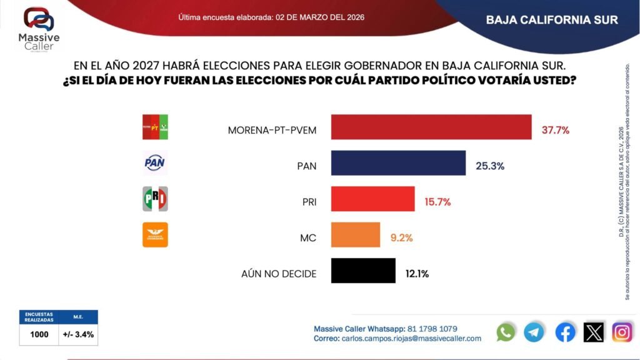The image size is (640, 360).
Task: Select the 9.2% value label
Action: tap(401, 237)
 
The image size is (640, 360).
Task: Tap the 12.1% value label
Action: tap(416, 273)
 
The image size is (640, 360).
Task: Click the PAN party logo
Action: tap(155, 163)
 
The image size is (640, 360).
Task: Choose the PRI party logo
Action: tap(155, 199)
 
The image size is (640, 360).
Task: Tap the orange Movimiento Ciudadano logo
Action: tap(155, 235)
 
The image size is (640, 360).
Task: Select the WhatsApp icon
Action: tap(506, 332)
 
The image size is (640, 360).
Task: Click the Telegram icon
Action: tap(534, 332)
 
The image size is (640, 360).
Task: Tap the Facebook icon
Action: tap(565, 332)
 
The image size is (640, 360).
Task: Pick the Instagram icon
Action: tap(622, 332)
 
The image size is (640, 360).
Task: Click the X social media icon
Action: tap(594, 332)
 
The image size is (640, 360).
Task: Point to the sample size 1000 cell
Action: tap(39, 334)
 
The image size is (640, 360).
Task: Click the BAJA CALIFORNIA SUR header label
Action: tap(552, 20)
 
